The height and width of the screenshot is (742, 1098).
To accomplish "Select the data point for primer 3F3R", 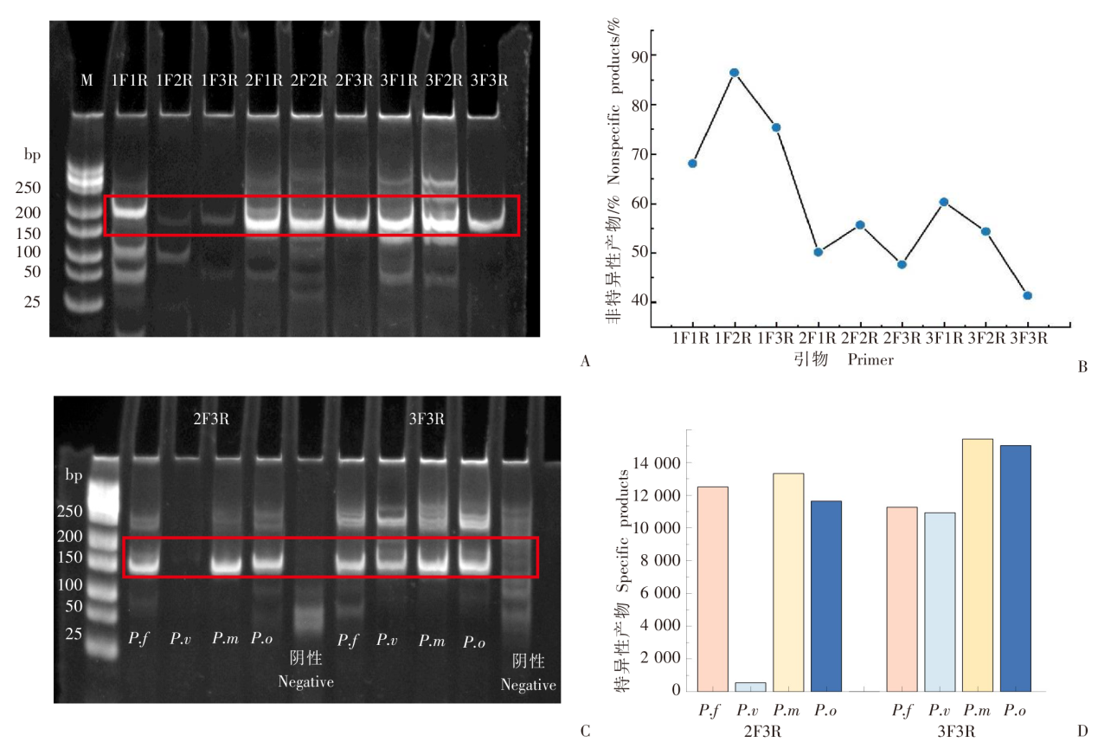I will [x=1027, y=295].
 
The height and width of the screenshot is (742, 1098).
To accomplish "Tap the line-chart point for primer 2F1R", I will [x=818, y=252].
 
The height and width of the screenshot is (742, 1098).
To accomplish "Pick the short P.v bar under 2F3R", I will [x=750, y=687].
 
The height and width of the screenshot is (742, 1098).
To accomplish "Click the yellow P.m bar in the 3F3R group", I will [x=977, y=565].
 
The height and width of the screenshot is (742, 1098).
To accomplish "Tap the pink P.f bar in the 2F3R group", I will [x=712, y=589].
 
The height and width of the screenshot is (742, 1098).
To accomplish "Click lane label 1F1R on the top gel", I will [x=128, y=81].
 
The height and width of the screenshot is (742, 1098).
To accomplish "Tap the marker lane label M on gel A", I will [x=87, y=81].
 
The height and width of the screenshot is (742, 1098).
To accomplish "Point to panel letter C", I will [x=585, y=732].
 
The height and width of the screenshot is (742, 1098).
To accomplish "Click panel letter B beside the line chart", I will [x=1082, y=366].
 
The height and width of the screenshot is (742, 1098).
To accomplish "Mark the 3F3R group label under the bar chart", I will [x=958, y=732].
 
